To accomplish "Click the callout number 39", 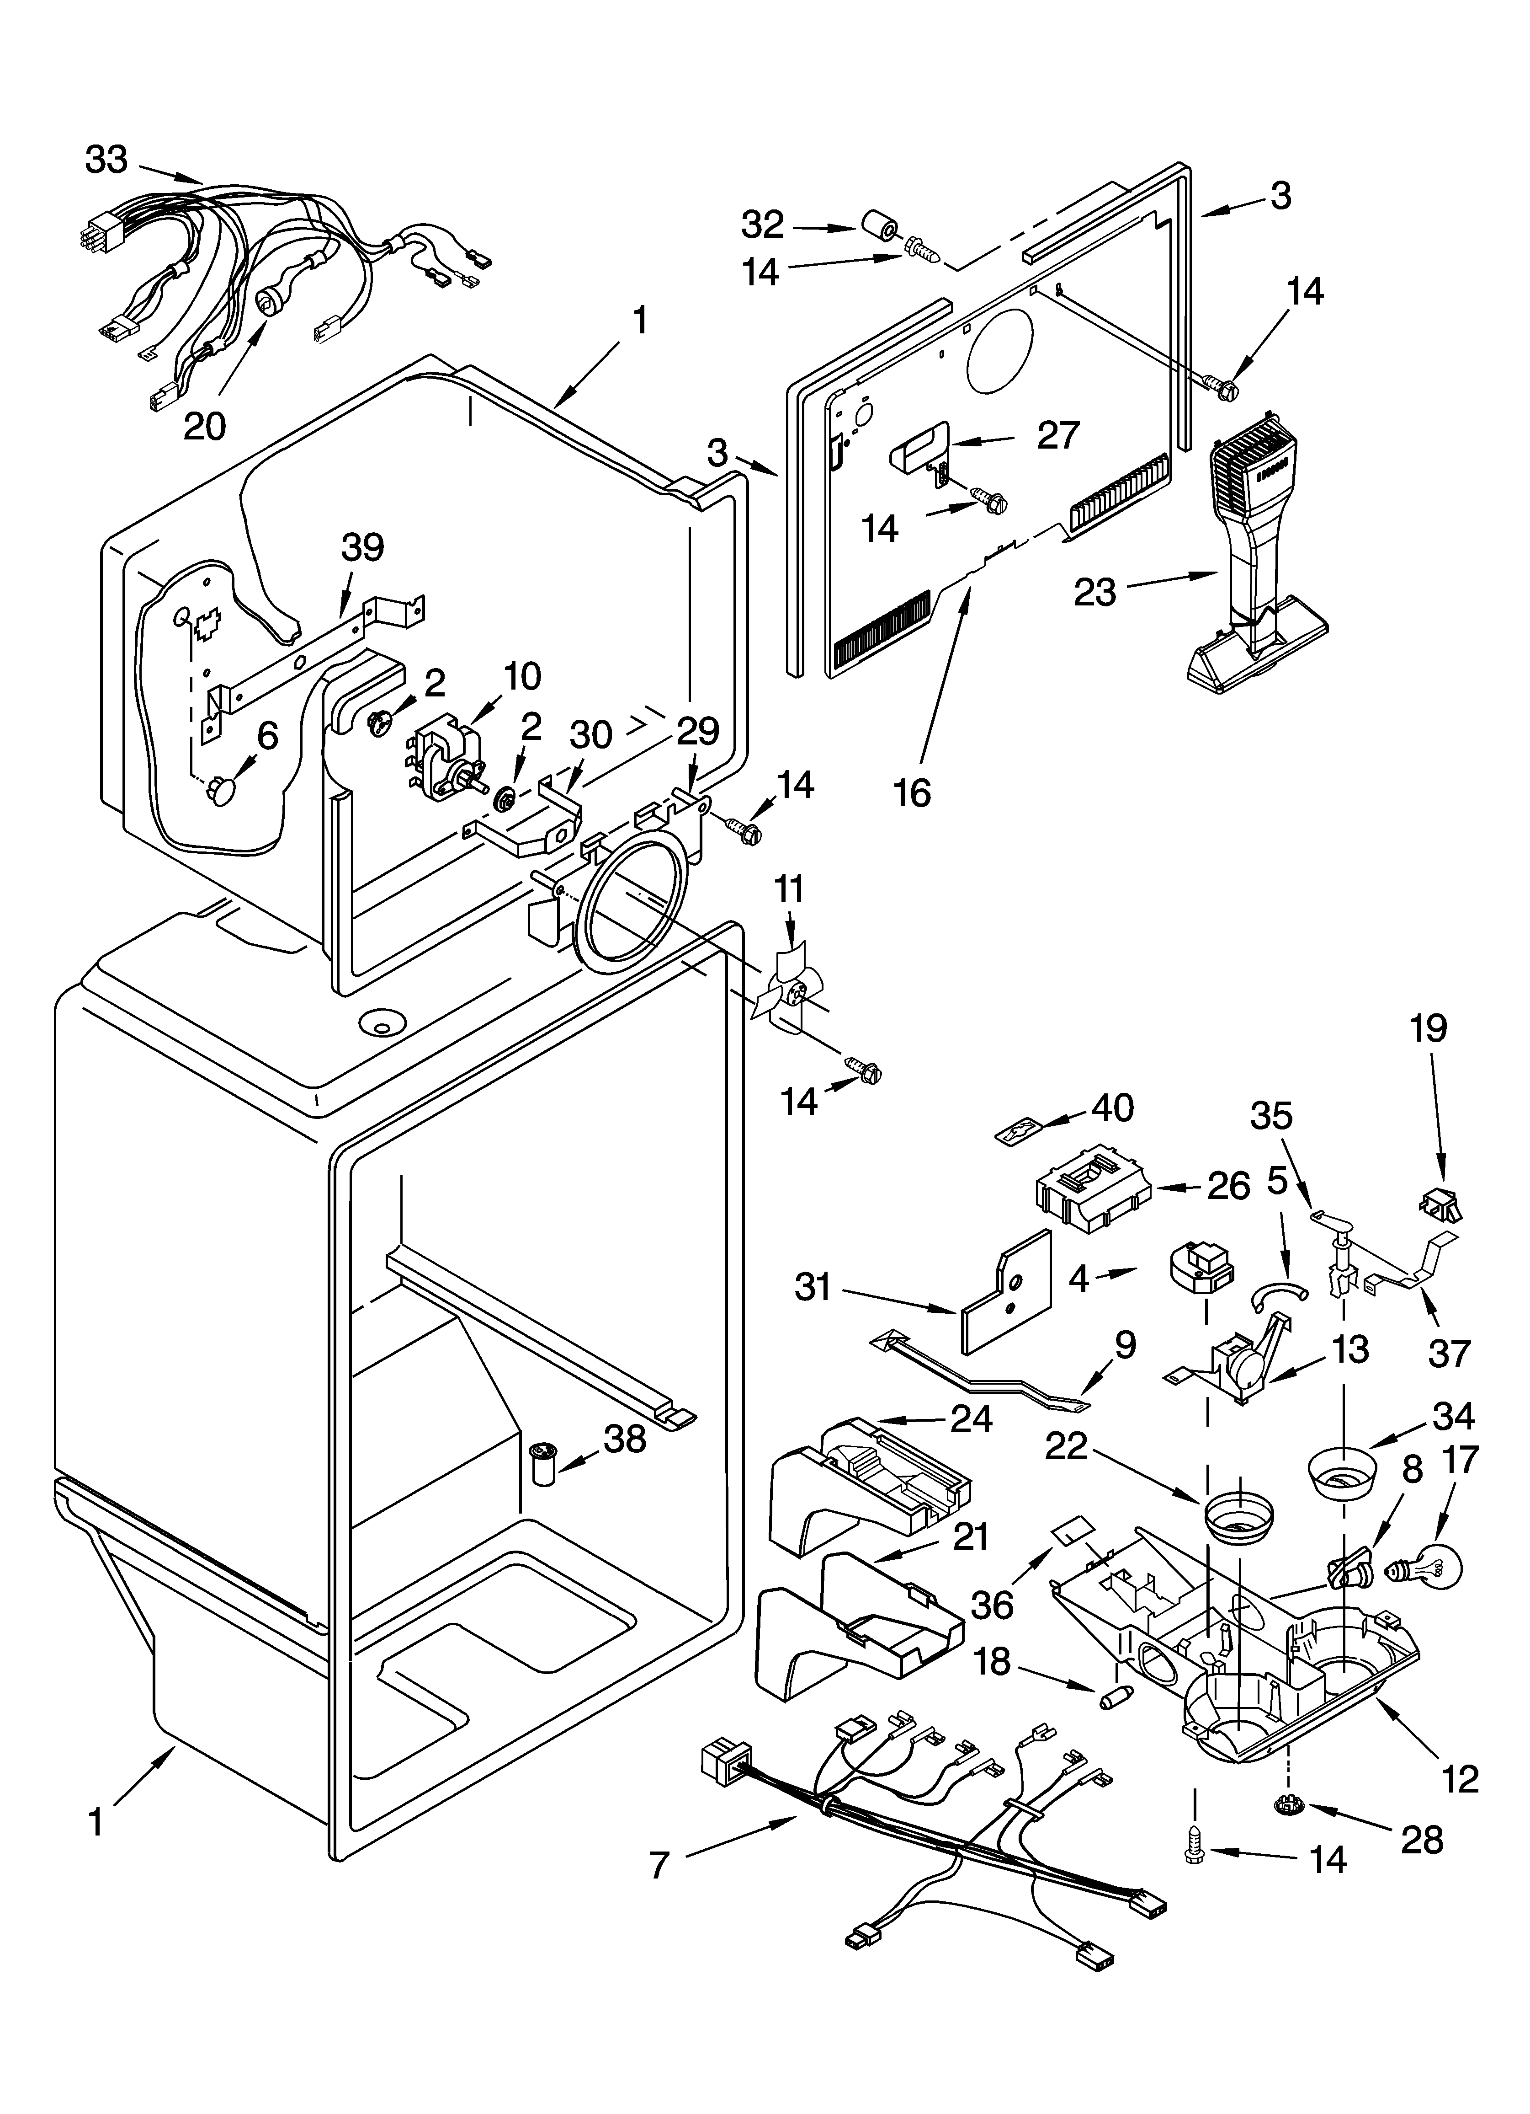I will (x=362, y=547).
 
